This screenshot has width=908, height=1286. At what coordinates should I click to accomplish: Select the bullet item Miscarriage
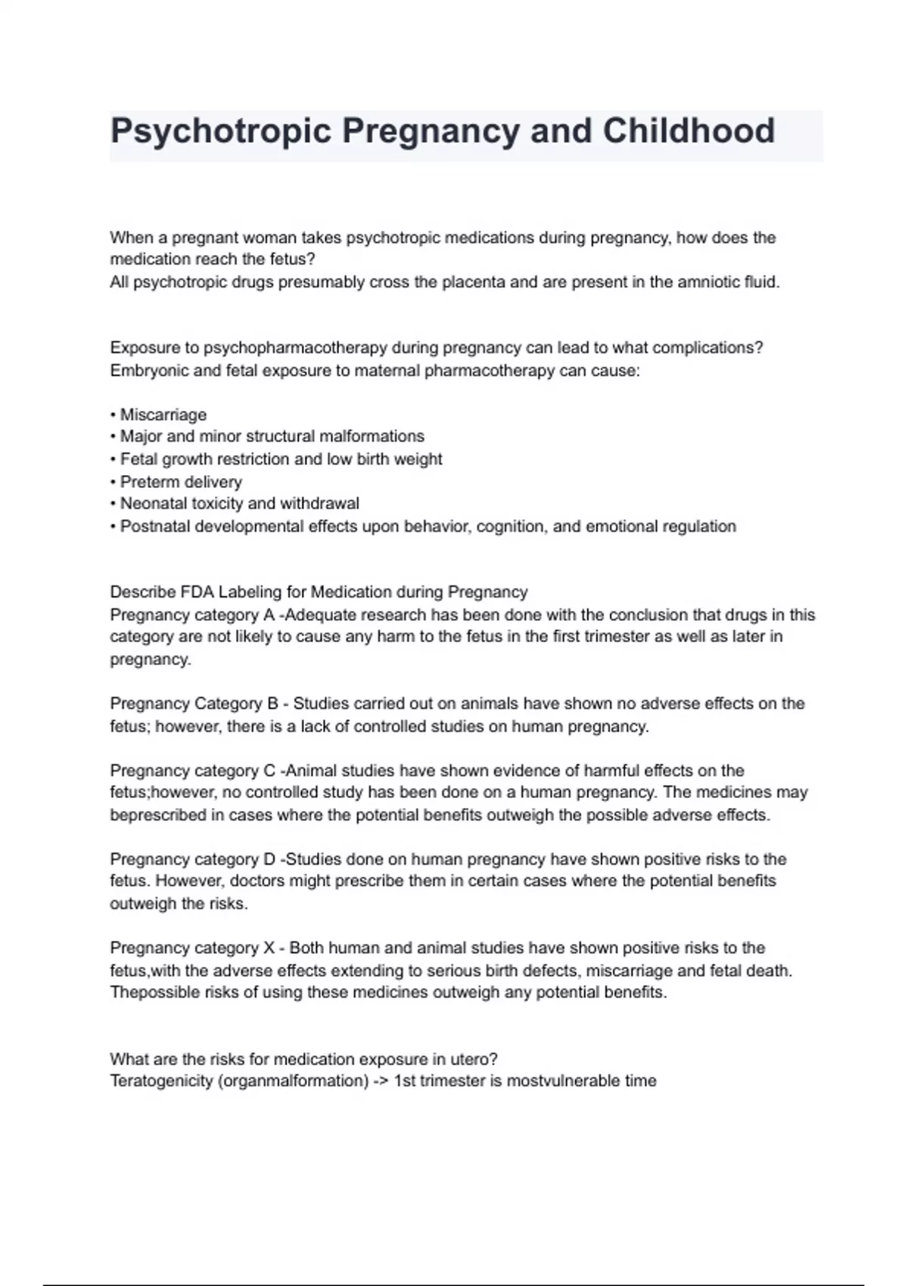click(x=163, y=415)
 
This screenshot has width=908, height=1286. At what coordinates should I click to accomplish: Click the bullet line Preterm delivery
click(x=181, y=482)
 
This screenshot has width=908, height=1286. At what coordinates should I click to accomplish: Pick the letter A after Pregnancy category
click(x=269, y=615)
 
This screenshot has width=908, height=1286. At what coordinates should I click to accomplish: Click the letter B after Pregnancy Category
click(x=272, y=704)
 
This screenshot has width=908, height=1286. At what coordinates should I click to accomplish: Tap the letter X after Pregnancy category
click(x=269, y=948)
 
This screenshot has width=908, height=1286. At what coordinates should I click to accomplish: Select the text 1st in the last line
click(x=405, y=1081)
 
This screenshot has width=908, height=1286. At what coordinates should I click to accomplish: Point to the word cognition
click(x=511, y=527)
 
